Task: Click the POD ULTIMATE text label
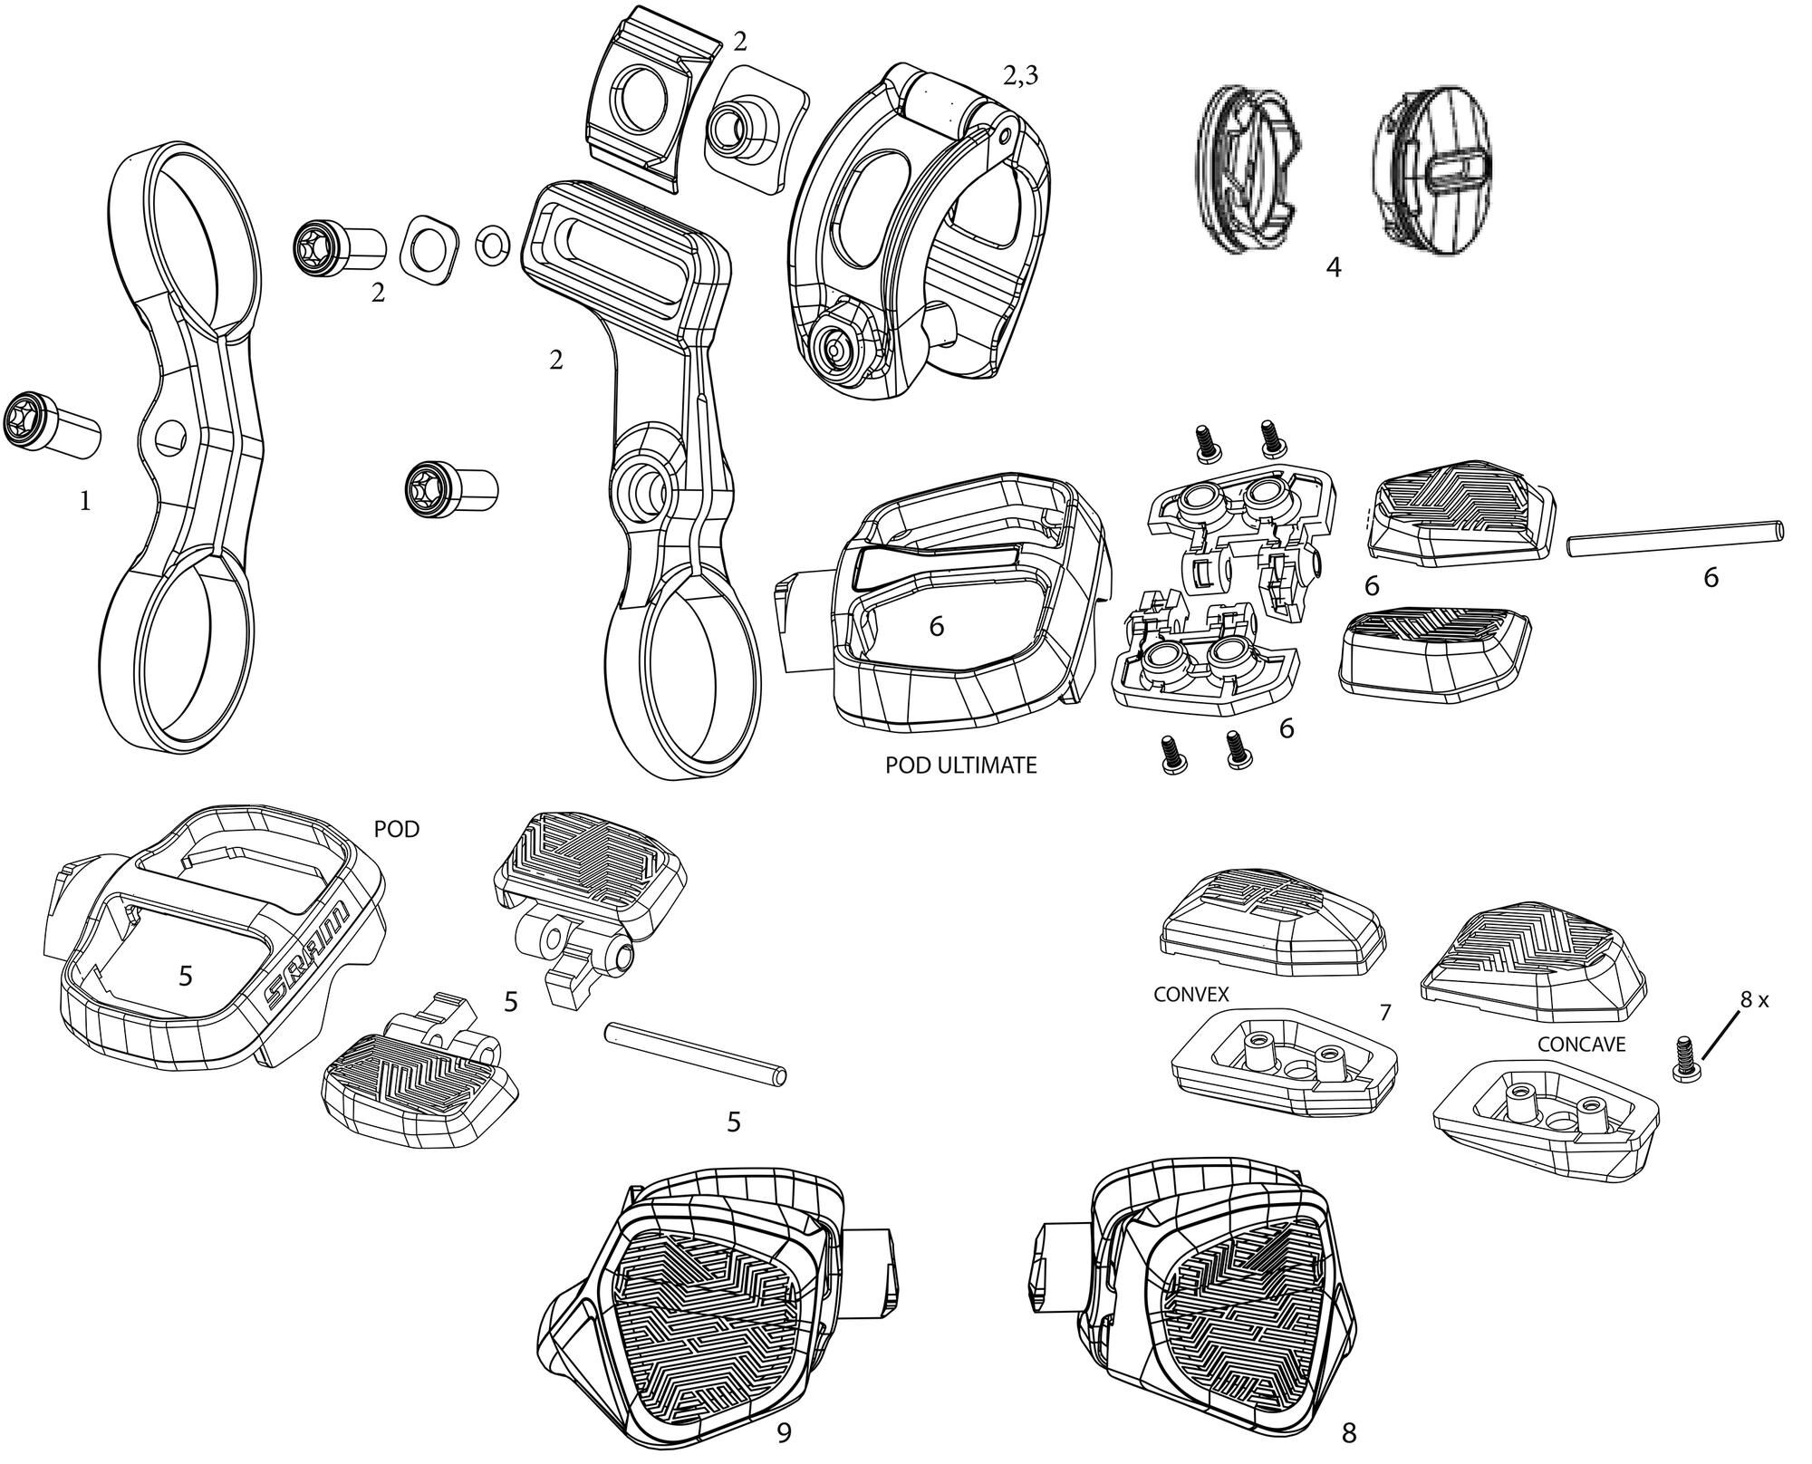pyautogui.click(x=960, y=766)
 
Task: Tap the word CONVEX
pyautogui.click(x=1190, y=994)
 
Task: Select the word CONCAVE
pyautogui.click(x=1582, y=1044)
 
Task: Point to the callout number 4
pyautogui.click(x=1333, y=268)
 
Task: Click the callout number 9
pyautogui.click(x=785, y=1432)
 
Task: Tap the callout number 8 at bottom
pyautogui.click(x=1349, y=1432)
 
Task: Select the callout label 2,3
pyautogui.click(x=1020, y=77)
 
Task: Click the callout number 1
pyautogui.click(x=85, y=501)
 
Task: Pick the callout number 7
pyautogui.click(x=1384, y=1012)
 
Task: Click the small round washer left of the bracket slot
pyautogui.click(x=491, y=243)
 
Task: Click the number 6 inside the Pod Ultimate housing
pyautogui.click(x=937, y=626)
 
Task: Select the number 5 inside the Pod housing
pyautogui.click(x=185, y=976)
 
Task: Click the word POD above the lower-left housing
pyautogui.click(x=397, y=829)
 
